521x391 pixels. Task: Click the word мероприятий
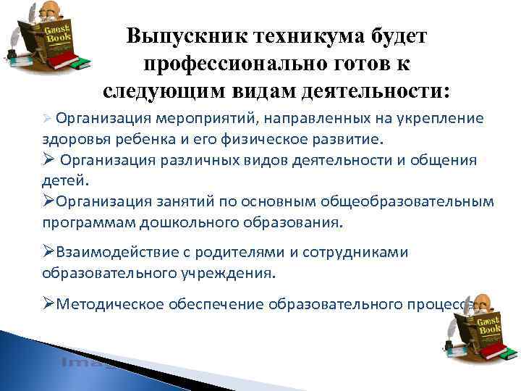click(206, 117)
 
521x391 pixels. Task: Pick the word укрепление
click(442, 117)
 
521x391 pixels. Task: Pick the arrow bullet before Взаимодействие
click(48, 252)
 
